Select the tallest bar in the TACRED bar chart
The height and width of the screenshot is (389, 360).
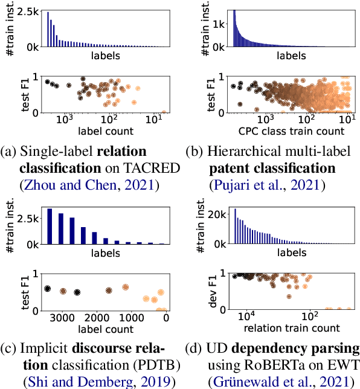[48, 29]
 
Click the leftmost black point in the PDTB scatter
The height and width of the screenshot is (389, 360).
[47, 289]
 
